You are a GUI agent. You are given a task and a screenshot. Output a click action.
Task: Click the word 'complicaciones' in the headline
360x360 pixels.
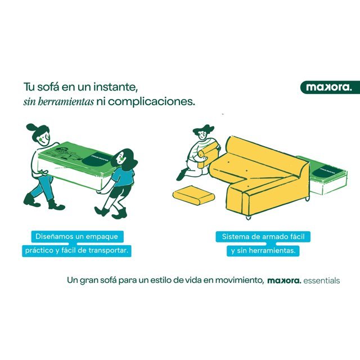coord(145,102)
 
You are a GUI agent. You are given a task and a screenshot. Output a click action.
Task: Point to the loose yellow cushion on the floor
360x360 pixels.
coord(193,195)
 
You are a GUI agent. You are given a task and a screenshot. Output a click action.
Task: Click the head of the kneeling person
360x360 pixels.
coord(202,133)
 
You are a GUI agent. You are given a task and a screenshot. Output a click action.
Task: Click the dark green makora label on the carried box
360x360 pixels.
coord(97,159)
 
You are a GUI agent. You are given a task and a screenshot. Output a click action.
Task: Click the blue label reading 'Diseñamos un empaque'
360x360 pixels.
coord(77,236)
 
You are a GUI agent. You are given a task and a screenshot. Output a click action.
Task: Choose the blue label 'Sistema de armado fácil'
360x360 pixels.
coord(263,237)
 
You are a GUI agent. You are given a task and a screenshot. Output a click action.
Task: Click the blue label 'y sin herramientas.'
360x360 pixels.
coord(263,250)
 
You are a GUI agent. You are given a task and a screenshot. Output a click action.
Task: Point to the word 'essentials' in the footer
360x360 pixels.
coord(321,281)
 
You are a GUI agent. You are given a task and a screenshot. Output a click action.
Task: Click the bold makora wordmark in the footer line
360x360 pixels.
coord(284,281)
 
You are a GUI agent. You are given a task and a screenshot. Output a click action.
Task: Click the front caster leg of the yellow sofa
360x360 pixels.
coord(248,217)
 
